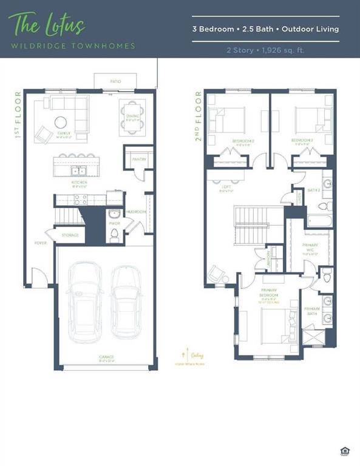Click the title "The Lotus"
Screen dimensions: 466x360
pyautogui.click(x=46, y=25)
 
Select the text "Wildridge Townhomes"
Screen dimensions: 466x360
pyautogui.click(x=72, y=46)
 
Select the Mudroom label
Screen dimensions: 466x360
pyautogui.click(x=137, y=212)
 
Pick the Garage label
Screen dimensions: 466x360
pyautogui.click(x=107, y=357)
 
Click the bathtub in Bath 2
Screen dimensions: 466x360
pyautogui.click(x=318, y=222)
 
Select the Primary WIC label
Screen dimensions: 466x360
pyautogui.click(x=310, y=247)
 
